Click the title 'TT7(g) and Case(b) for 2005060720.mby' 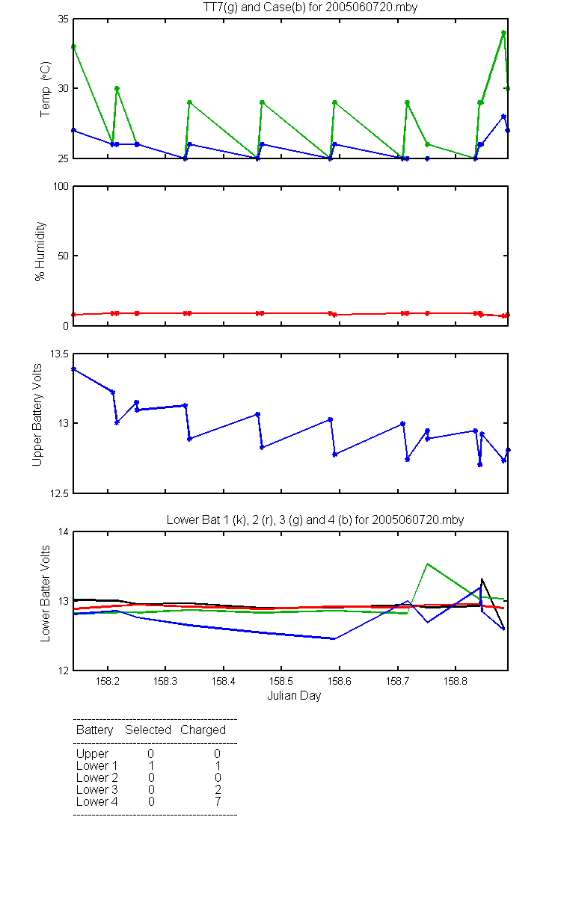click(x=310, y=7)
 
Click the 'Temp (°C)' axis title click(x=46, y=89)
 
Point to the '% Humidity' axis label click(x=40, y=251)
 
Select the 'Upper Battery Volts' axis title click(x=37, y=415)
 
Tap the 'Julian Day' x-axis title click(x=294, y=696)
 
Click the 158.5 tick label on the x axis click(x=281, y=681)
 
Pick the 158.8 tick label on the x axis click(x=456, y=681)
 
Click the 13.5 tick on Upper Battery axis click(x=59, y=354)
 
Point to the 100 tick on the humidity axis click(x=61, y=186)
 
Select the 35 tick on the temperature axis click(x=64, y=19)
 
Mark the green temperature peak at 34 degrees click(x=503, y=33)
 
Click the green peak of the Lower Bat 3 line click(x=428, y=564)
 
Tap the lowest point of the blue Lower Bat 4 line click(x=334, y=638)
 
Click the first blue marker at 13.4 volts click(x=73, y=369)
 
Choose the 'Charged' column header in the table click(x=203, y=730)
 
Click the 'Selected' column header click(x=148, y=730)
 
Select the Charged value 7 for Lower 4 click(x=218, y=801)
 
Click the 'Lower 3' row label click(x=97, y=789)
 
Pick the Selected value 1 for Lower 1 click(x=151, y=765)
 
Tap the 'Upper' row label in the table click(x=92, y=754)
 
